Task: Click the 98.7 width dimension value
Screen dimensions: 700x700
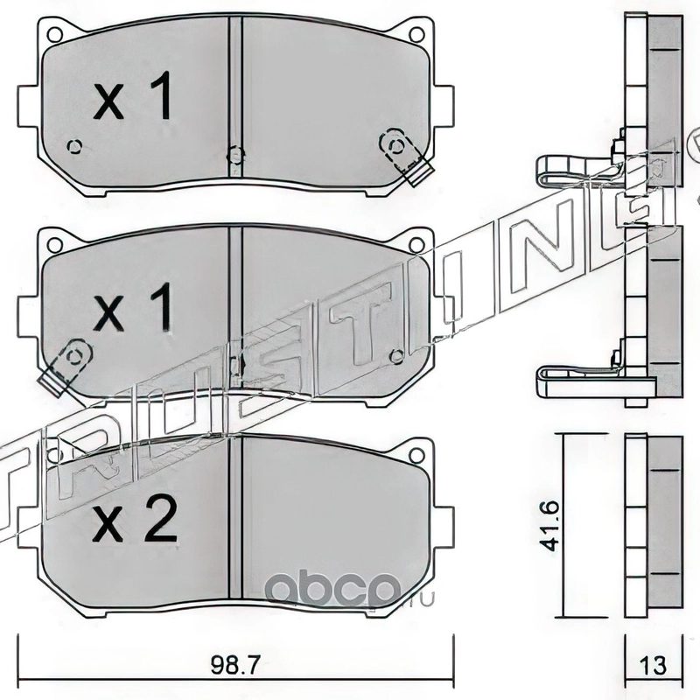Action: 234,665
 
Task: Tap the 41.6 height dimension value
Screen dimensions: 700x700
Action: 549,527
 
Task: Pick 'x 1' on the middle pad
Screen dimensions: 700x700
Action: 133,306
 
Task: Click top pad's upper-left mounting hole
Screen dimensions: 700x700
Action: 54,34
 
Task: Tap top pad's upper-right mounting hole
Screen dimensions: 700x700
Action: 417,34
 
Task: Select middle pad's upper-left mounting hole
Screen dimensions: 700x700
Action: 54,245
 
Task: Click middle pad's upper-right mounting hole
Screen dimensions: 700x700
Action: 417,245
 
